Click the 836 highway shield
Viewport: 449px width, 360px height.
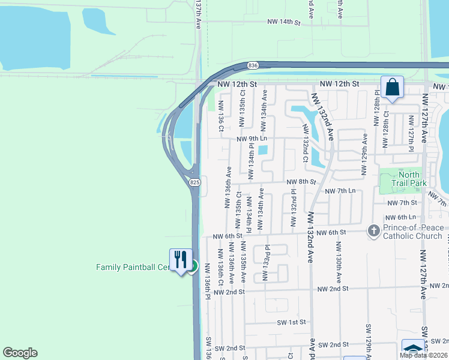click(x=252, y=65)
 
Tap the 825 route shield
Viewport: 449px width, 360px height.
click(x=193, y=182)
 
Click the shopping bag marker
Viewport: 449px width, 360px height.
click(x=392, y=87)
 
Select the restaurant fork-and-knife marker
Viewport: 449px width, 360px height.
click(x=181, y=260)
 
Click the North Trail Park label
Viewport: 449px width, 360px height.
click(x=408, y=179)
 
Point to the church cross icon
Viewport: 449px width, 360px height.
click(x=373, y=231)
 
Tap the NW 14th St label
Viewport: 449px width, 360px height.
click(x=283, y=22)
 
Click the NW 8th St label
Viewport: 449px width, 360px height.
click(x=301, y=182)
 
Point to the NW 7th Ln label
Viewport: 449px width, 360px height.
click(x=340, y=191)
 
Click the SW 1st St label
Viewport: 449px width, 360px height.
click(x=291, y=322)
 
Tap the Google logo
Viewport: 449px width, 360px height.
click(x=20, y=353)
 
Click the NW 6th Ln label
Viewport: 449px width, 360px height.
click(x=400, y=217)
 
